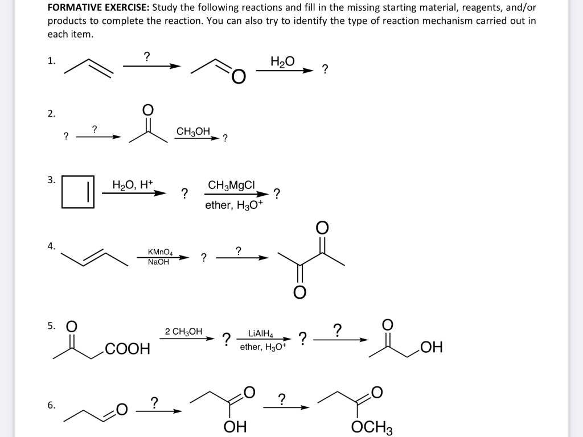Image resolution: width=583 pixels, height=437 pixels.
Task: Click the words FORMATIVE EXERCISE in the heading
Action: [x=97, y=9]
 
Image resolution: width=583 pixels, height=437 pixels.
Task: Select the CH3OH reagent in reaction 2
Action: [x=193, y=131]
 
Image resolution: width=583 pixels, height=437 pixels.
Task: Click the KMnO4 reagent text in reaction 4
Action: [x=160, y=252]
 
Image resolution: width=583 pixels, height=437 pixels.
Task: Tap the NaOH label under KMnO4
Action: [x=158, y=262]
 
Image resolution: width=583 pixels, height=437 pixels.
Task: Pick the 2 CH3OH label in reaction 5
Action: [x=183, y=331]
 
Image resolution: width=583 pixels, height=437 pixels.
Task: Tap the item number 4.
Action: [x=51, y=246]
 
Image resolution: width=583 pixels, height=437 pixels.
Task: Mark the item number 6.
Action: [x=51, y=406]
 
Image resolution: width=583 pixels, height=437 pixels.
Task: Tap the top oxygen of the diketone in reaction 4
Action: [x=322, y=228]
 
